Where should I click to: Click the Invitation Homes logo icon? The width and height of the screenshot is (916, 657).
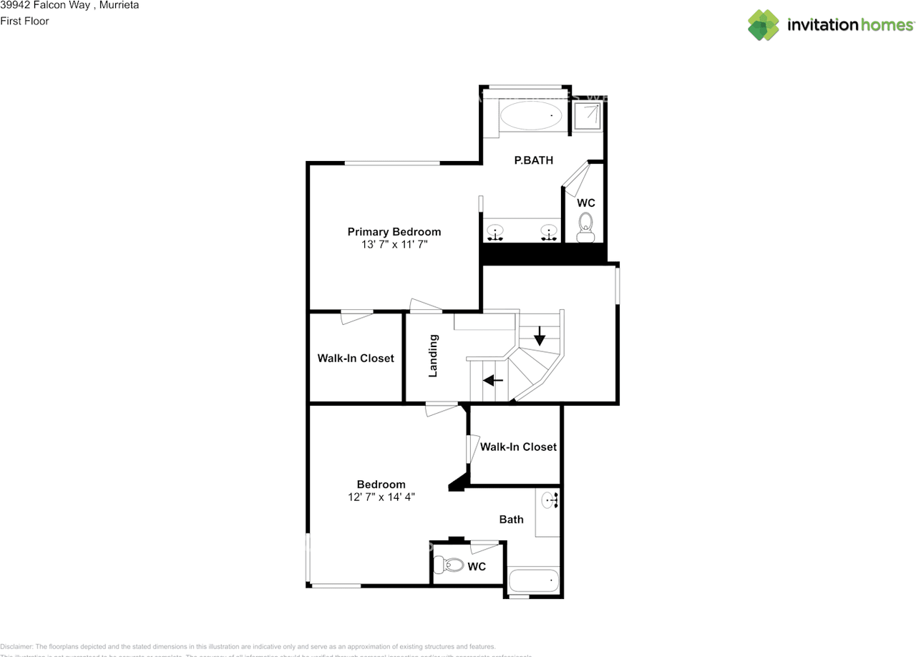coord(764,25)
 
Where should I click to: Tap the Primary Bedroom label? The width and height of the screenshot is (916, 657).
coord(394,232)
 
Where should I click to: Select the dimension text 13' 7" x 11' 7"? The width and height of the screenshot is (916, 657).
coord(394,245)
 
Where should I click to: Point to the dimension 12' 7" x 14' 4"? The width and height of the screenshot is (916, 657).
coord(381,497)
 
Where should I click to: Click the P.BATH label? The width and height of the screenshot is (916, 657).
coord(534,160)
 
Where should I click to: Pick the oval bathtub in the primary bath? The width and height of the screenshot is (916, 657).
coord(530,115)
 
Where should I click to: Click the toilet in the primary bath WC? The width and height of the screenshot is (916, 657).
coord(586,227)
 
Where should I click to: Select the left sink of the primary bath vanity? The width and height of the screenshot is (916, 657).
coord(495,233)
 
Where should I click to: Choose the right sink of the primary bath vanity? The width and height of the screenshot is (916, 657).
coord(549,233)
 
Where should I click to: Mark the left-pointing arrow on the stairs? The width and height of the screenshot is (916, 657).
coord(493,380)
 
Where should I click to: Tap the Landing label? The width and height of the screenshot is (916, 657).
coord(433,356)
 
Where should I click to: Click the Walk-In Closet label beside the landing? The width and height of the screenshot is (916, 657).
coord(356,358)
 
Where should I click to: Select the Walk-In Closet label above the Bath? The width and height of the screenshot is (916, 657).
coord(518,447)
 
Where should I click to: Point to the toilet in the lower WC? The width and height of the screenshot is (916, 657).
coord(450,565)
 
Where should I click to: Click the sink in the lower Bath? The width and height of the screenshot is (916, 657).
coord(549,500)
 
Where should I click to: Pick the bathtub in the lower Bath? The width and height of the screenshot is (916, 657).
coord(534,579)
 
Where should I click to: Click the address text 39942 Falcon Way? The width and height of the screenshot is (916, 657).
coord(46,6)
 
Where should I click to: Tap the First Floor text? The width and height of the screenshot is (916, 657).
coord(24,21)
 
